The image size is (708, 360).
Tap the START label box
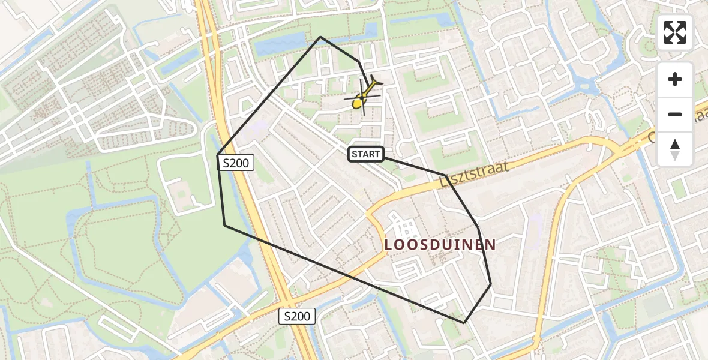365,154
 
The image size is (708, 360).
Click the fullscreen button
675,32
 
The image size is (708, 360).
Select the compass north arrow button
675,149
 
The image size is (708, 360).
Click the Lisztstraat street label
474,173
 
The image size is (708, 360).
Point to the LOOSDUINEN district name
440,244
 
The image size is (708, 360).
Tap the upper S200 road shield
237,162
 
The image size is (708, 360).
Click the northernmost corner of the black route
320,37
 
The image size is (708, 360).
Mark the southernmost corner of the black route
464,323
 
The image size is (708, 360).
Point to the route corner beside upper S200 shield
218,155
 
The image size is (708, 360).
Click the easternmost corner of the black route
491,284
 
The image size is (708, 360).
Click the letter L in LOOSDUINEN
388,245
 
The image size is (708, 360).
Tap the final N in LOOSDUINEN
491,245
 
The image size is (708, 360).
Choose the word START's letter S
355,154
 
